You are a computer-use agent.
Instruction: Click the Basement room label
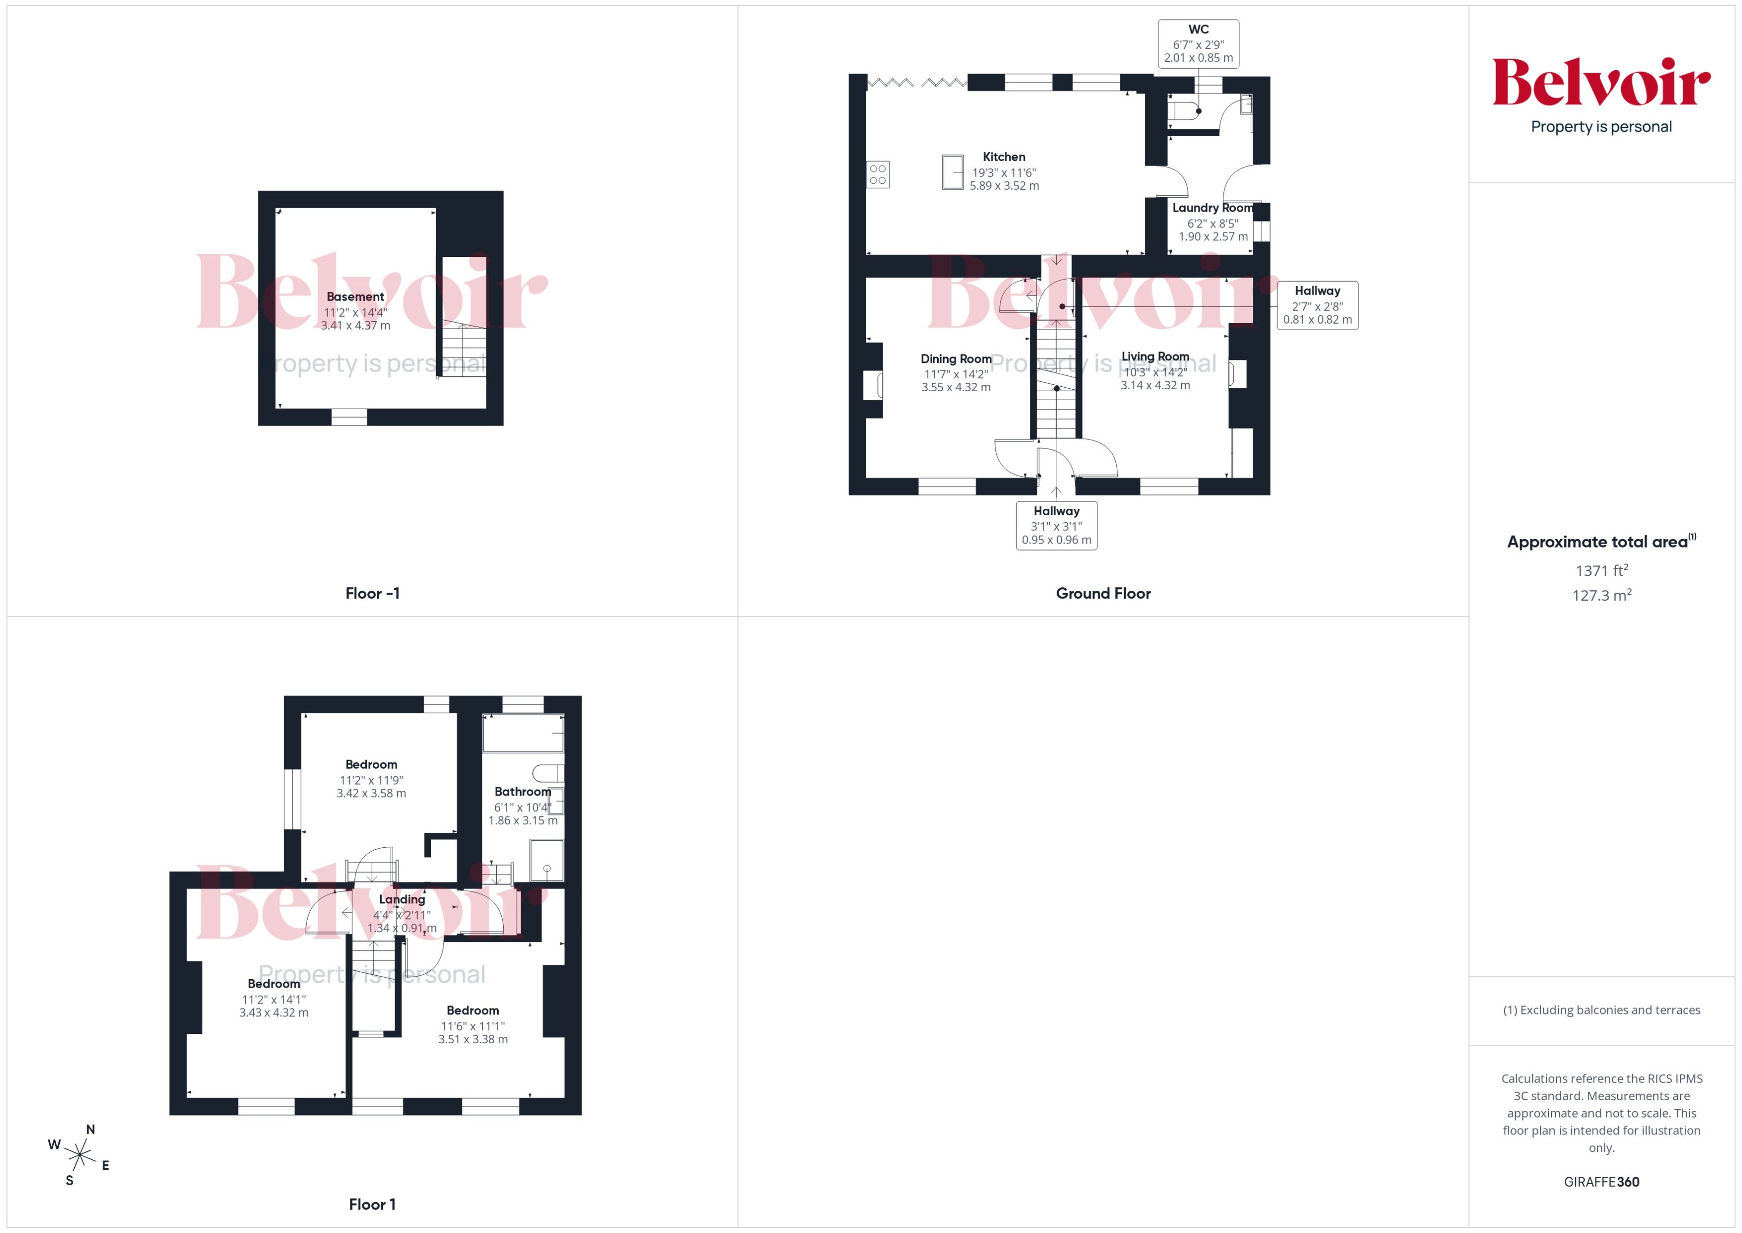[355, 297]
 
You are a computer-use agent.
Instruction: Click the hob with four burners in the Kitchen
[877, 175]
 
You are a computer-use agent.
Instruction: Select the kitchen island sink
[953, 172]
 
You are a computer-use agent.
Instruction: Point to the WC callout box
[1198, 44]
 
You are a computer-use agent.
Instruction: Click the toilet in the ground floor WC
[1183, 111]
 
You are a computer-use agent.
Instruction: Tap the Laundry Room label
[1212, 208]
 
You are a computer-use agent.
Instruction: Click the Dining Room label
[956, 359]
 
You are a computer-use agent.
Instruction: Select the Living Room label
[1155, 357]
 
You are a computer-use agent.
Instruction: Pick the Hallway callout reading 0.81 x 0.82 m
[1317, 305]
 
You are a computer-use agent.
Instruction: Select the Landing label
[402, 899]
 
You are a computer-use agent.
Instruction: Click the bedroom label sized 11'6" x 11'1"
[472, 1010]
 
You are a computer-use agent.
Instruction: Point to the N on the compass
[90, 1130]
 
